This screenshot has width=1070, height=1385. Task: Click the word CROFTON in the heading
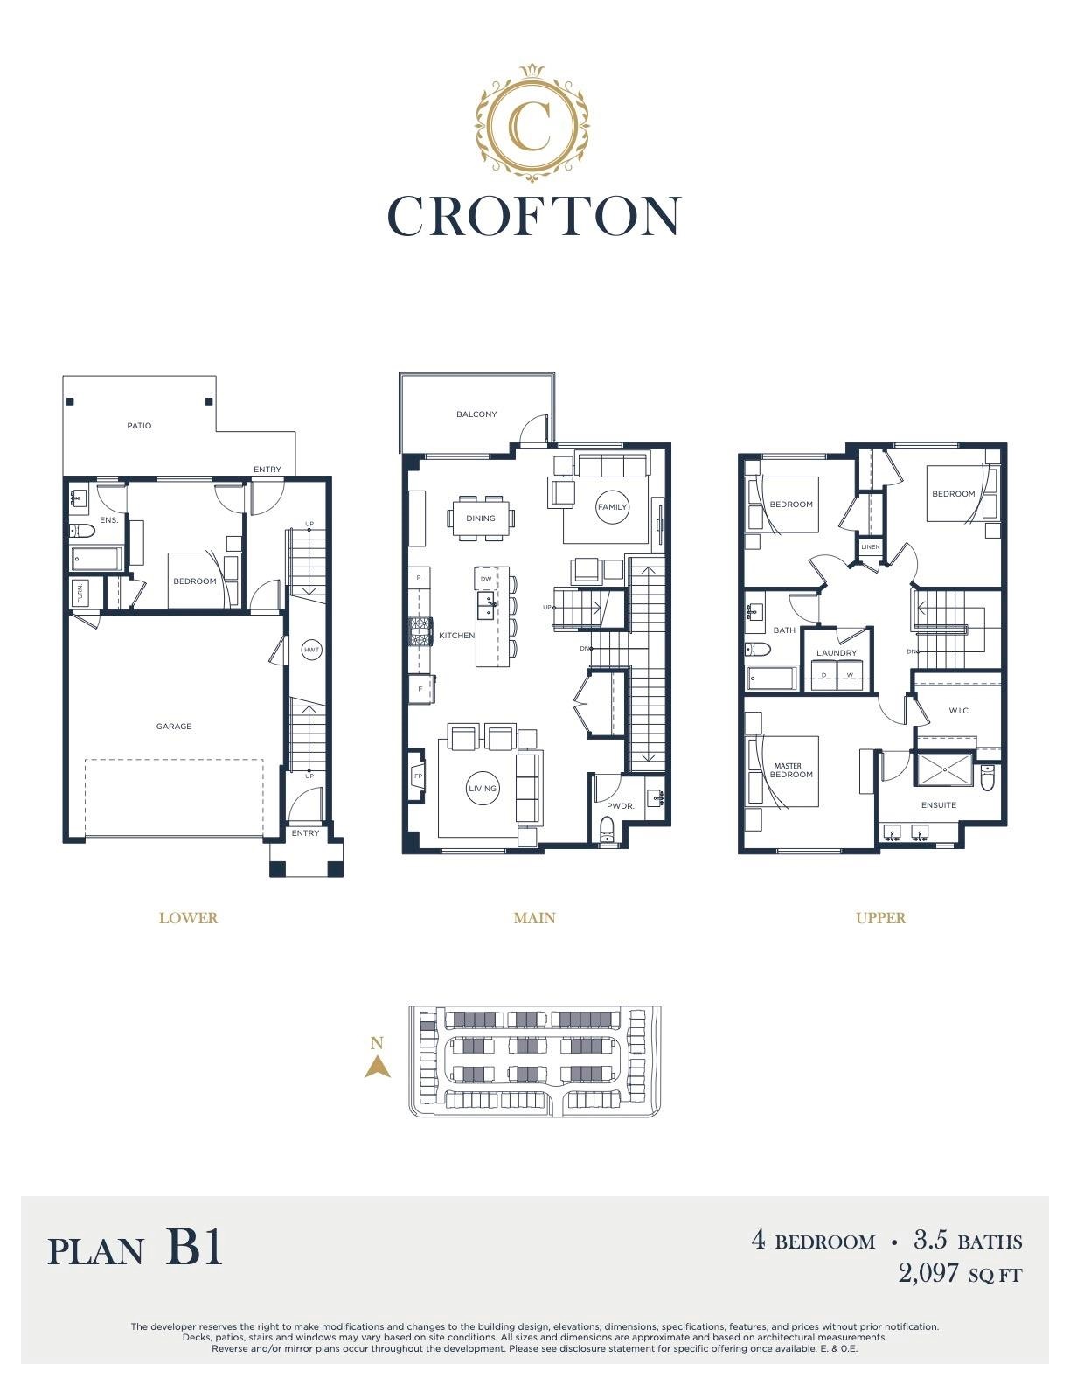click(534, 216)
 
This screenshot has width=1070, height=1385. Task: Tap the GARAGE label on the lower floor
click(173, 726)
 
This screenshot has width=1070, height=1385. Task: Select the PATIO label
click(139, 425)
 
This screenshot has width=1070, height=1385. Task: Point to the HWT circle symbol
click(311, 651)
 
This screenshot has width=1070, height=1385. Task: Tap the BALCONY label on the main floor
click(476, 414)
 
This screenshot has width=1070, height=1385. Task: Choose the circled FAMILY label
click(612, 507)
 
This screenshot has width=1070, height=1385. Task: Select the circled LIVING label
click(482, 789)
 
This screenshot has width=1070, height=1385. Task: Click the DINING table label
click(480, 519)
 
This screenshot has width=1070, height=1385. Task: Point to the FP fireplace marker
click(418, 776)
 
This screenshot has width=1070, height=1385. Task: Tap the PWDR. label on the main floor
click(620, 805)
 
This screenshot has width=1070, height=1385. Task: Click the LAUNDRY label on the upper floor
click(836, 652)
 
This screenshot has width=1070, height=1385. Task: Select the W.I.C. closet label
click(958, 711)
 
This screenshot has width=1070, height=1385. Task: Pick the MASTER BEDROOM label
click(790, 770)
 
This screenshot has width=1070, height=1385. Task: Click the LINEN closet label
click(870, 546)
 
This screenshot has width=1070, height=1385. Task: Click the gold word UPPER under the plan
click(880, 918)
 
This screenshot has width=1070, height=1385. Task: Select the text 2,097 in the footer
click(928, 1273)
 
